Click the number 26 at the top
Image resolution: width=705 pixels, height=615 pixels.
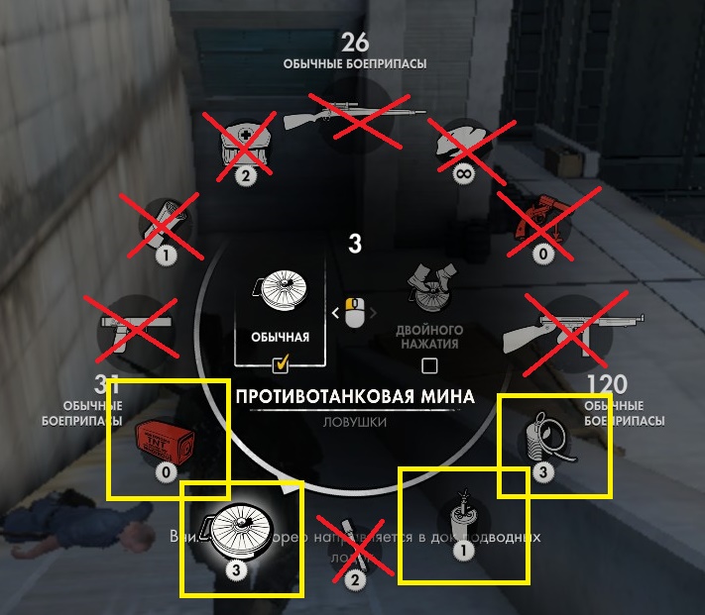[355, 42]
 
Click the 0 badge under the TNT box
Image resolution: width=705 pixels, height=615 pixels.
[167, 472]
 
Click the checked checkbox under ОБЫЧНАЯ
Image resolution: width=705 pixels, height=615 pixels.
[280, 366]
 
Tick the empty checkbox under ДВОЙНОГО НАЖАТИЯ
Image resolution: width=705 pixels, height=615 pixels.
[429, 366]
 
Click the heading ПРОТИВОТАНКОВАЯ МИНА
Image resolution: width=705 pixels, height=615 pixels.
[355, 397]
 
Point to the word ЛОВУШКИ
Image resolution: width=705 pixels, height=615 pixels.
[355, 422]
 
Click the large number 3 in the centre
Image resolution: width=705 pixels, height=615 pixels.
[355, 244]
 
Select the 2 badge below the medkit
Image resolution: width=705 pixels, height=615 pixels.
[243, 176]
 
